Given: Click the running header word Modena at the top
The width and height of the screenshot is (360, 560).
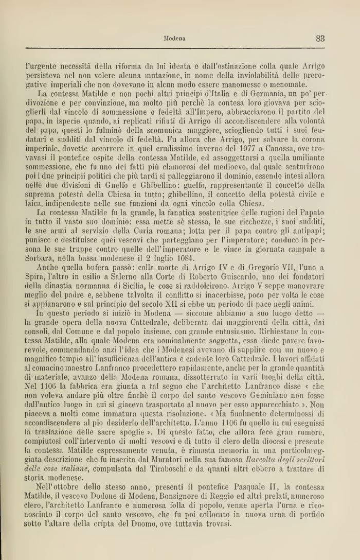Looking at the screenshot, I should pyautogui.click(x=174, y=38).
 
